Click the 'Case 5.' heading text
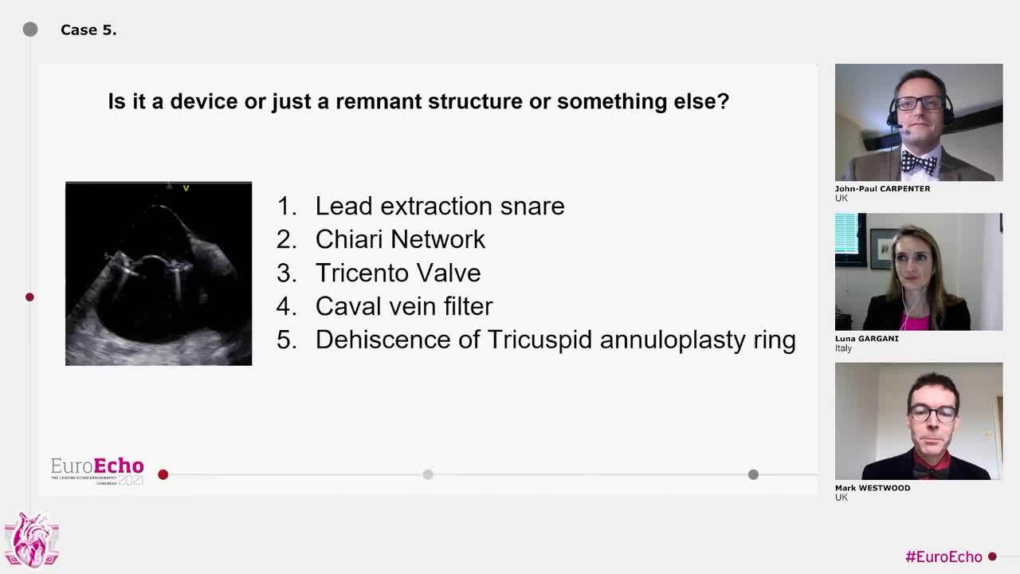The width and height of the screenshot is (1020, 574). click(x=88, y=30)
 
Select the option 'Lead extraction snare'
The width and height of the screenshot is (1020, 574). click(x=440, y=206)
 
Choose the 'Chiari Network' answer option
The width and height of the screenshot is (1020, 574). click(x=400, y=239)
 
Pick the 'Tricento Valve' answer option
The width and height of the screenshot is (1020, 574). click(x=398, y=273)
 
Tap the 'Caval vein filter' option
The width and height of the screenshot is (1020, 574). click(x=404, y=306)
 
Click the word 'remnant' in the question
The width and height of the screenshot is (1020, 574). click(x=379, y=102)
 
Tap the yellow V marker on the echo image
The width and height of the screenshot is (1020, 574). click(x=186, y=188)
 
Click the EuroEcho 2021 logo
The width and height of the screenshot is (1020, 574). click(x=97, y=471)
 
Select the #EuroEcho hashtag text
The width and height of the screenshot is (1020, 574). click(x=943, y=556)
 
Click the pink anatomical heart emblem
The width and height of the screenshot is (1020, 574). click(x=31, y=541)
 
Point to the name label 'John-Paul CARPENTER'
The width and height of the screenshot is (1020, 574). click(x=882, y=189)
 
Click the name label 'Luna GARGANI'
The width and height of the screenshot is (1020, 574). click(x=866, y=339)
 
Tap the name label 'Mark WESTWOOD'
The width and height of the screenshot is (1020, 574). click(x=873, y=488)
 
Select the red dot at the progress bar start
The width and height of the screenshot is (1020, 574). click(x=163, y=474)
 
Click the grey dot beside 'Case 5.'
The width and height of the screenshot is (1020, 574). click(x=30, y=29)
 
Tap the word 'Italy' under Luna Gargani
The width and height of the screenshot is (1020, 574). click(x=843, y=348)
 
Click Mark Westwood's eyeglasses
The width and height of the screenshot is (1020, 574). click(x=933, y=414)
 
